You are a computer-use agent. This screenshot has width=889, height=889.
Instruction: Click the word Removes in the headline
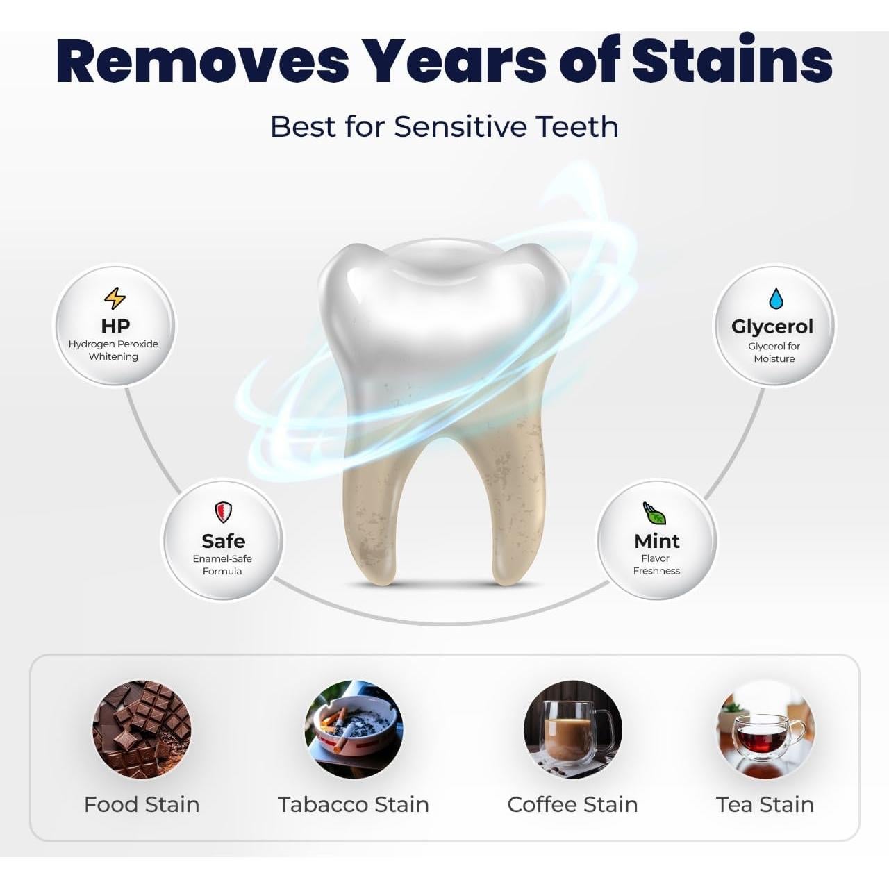coord(202,62)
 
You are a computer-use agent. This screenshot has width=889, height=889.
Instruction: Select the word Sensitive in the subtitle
coord(460,126)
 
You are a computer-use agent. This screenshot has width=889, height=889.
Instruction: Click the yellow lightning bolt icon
coord(115,299)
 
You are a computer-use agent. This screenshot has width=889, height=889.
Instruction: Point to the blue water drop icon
coord(776,299)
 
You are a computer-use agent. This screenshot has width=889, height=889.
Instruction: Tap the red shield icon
coord(223,513)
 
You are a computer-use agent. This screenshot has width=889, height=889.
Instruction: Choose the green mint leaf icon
coord(654,513)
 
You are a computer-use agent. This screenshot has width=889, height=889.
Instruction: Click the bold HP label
coord(115,326)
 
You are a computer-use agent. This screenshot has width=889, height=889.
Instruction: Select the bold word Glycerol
coord(772,326)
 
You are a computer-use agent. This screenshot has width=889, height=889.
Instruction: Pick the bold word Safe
coord(223,540)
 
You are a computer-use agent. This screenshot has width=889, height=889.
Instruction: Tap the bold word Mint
coord(657,541)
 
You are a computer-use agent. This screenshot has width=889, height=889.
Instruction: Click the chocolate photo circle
coord(142,730)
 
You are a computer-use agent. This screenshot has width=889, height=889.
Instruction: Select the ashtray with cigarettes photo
coord(354,730)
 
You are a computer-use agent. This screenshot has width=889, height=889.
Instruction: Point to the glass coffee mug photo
coord(572,730)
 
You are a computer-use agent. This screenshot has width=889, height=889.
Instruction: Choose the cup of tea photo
coord(765,730)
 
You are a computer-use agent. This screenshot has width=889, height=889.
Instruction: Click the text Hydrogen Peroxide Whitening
coord(113,350)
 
